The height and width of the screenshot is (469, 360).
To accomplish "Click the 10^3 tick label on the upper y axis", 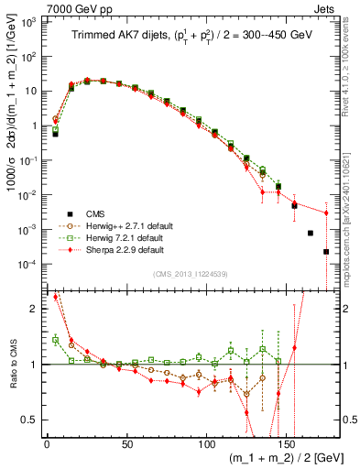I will [x=29, y=20].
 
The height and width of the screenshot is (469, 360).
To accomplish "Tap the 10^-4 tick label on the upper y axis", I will [x=29, y=264].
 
